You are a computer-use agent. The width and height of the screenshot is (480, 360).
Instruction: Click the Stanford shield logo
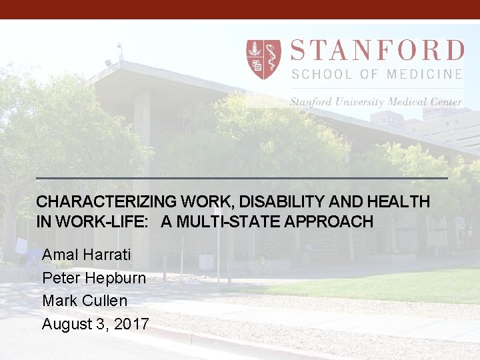[x=263, y=59]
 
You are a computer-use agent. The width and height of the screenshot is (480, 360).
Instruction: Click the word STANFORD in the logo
[x=377, y=51]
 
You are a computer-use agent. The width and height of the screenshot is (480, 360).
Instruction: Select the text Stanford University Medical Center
[x=375, y=102]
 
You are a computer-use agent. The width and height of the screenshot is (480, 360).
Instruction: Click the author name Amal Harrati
[x=87, y=255]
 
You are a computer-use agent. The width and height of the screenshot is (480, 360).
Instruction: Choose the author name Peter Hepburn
[x=94, y=277]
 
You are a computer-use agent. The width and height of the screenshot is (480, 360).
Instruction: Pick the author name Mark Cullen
[x=85, y=301]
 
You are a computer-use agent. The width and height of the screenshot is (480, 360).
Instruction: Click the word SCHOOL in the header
[x=318, y=74]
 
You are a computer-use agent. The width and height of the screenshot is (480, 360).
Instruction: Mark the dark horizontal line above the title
[x=241, y=178]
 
